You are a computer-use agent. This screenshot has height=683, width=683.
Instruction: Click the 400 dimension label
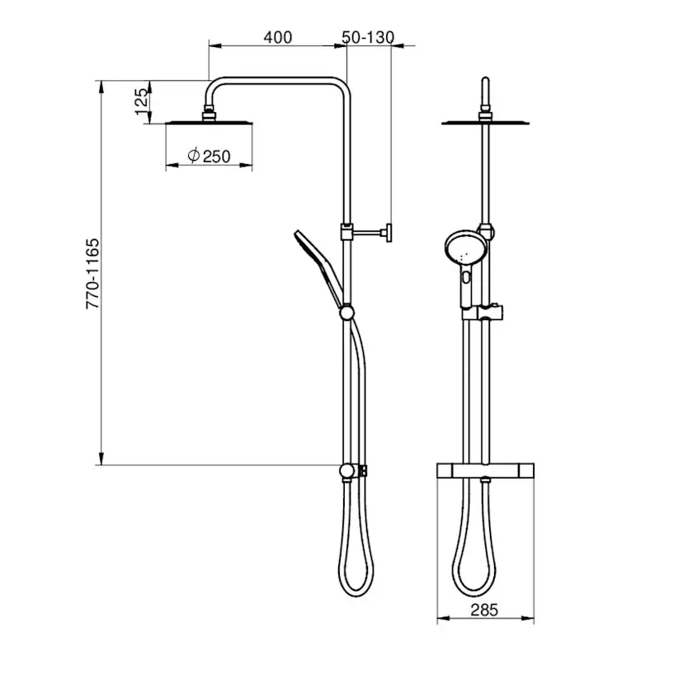[x=277, y=37]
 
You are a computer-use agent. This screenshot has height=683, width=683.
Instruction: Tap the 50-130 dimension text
[x=368, y=37]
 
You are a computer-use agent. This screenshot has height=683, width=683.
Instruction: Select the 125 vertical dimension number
[x=142, y=102]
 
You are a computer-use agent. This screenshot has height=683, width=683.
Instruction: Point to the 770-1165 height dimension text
[x=92, y=274]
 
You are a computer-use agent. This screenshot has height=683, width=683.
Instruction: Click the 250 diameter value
[x=216, y=157]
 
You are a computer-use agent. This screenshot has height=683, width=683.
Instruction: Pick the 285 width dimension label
[x=484, y=610]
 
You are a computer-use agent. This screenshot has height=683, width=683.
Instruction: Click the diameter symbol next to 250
[x=194, y=155]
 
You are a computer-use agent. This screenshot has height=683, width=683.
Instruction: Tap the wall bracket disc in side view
[x=389, y=233]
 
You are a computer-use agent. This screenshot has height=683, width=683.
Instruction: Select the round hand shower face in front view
[x=464, y=249]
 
